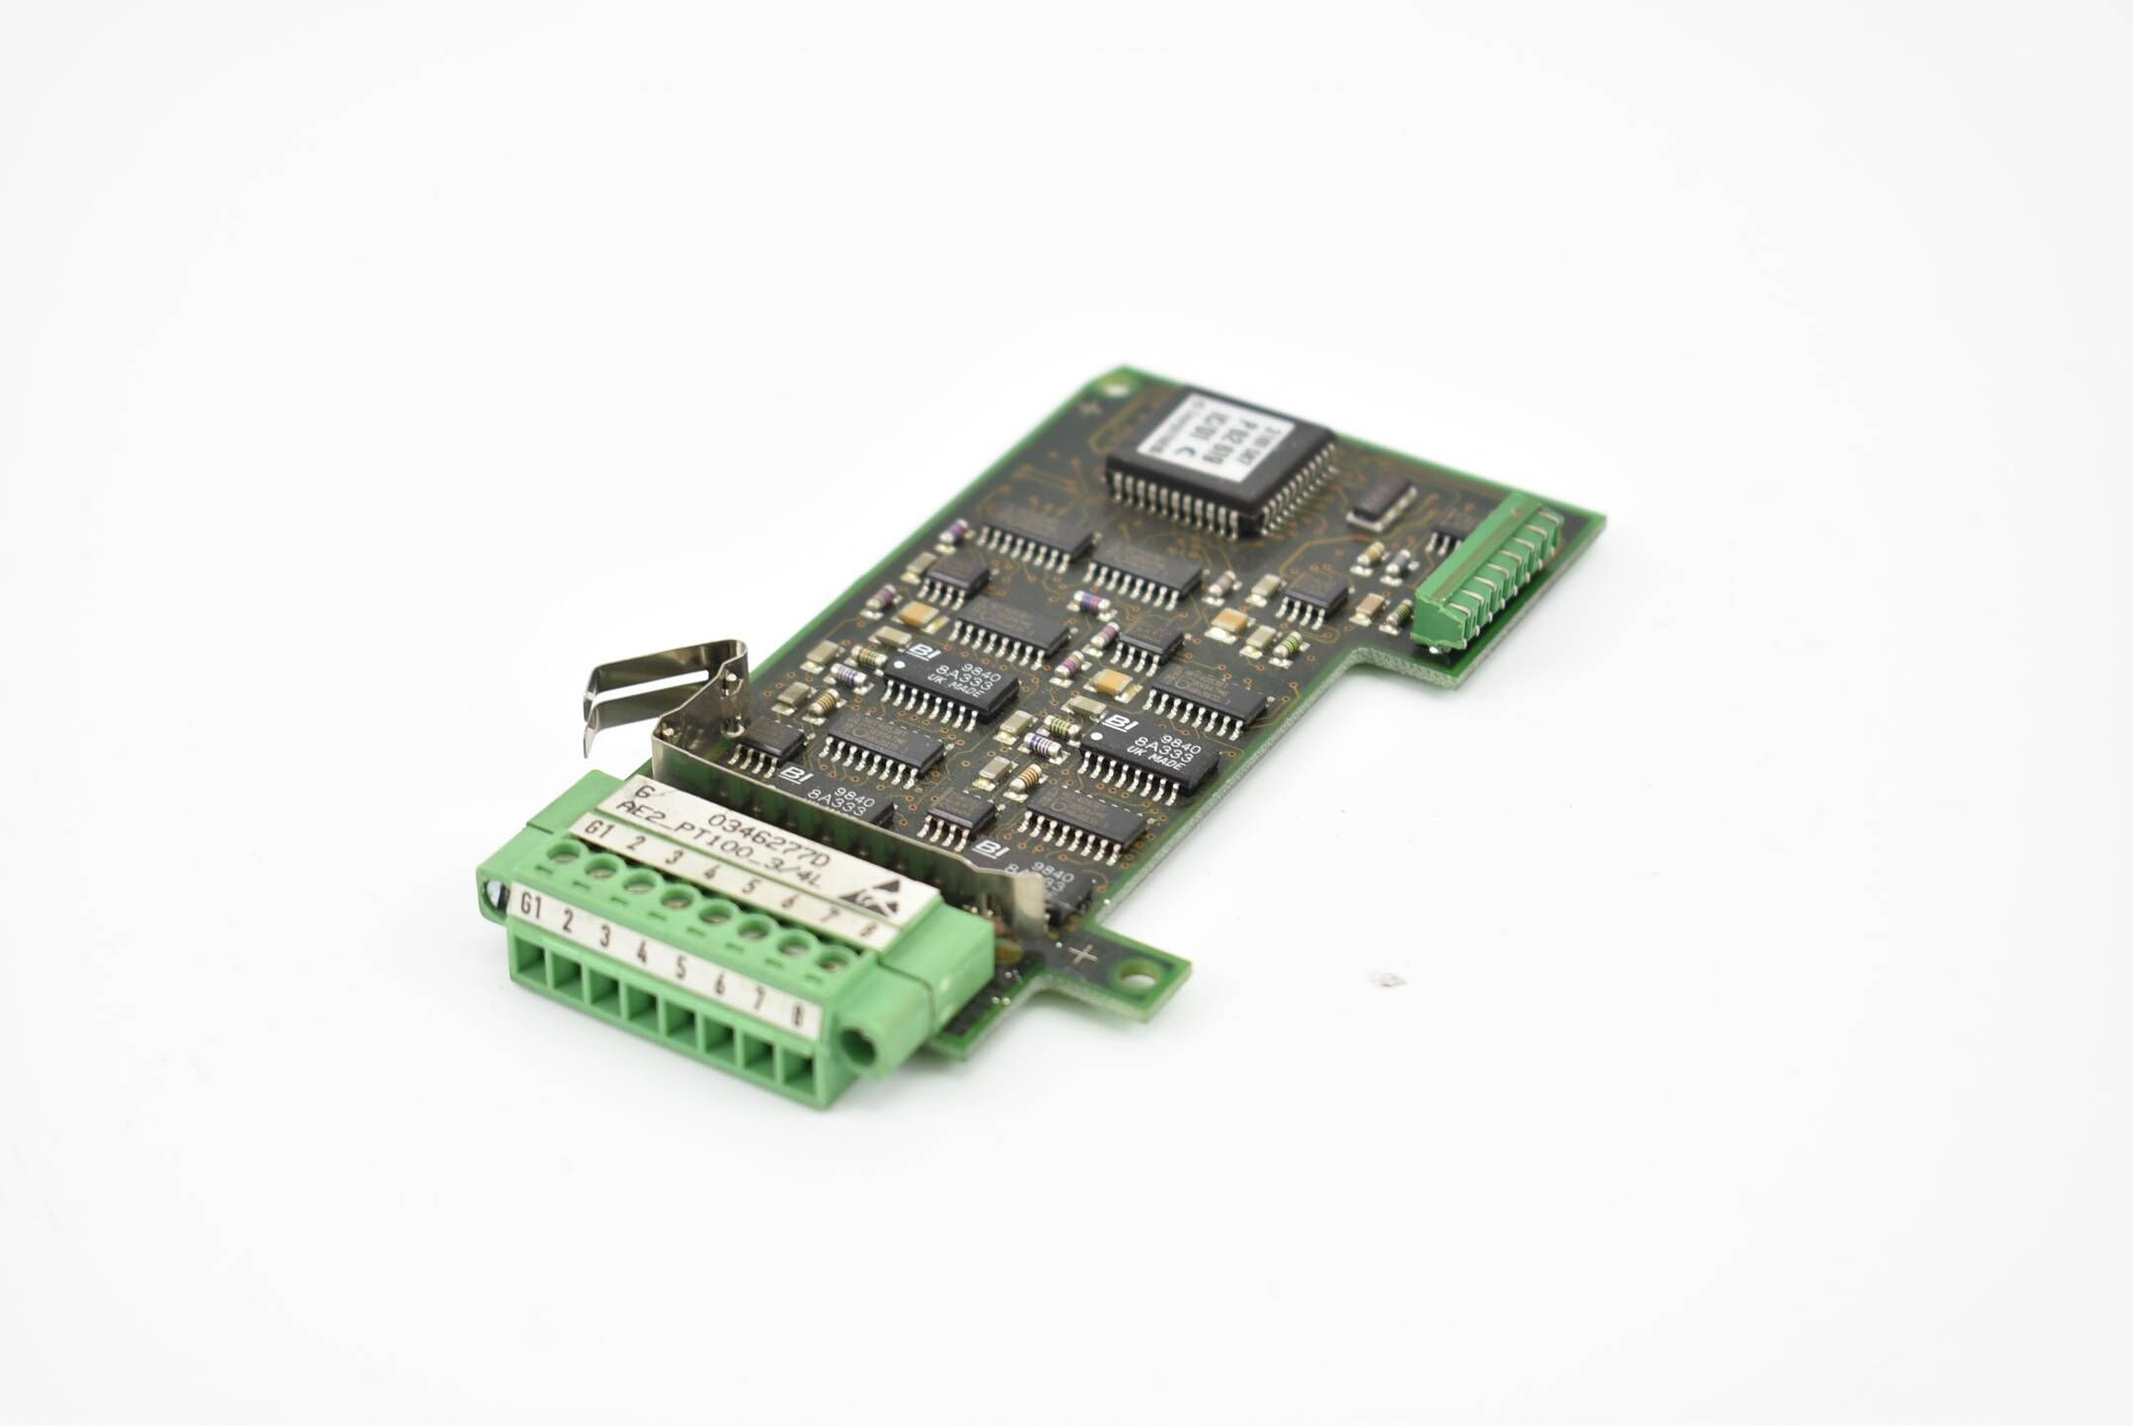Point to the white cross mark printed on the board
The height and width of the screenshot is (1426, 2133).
coord(1085,954)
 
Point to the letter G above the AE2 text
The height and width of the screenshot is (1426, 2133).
coord(645,791)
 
